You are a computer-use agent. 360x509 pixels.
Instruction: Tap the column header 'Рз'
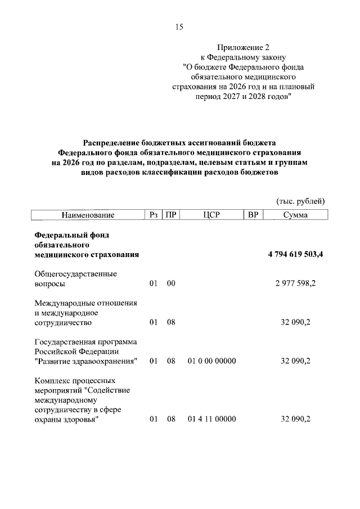coord(154,215)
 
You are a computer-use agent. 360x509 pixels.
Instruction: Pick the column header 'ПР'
coord(170,215)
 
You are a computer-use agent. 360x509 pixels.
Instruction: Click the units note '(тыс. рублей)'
coord(300,201)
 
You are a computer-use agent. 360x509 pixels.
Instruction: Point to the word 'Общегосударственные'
coord(75,273)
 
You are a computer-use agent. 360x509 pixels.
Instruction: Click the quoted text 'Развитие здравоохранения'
coord(87,361)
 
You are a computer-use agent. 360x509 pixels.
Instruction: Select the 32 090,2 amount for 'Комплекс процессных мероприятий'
coord(295,419)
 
